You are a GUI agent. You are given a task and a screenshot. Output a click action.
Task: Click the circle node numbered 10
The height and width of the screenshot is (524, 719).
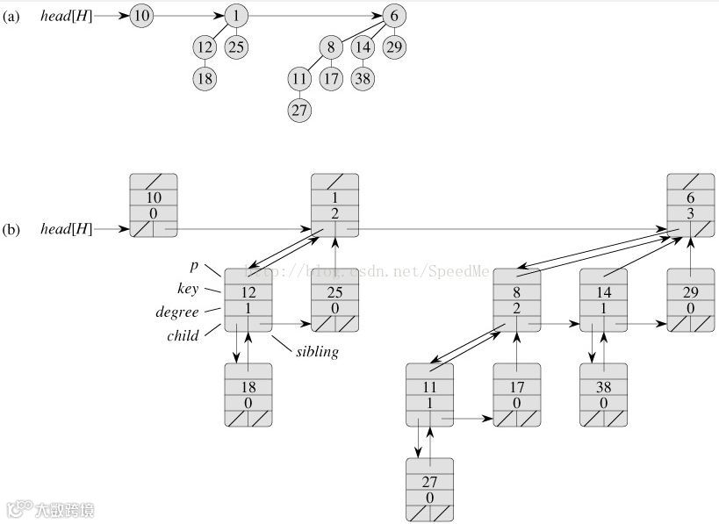pos(141,17)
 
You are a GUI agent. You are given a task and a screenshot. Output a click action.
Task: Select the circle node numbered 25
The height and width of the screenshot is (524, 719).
pos(235,47)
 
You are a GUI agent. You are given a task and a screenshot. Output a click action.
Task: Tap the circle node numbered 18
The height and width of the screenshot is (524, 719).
pos(205,78)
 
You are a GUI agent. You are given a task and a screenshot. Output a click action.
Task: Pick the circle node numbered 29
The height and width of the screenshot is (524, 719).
pos(395,47)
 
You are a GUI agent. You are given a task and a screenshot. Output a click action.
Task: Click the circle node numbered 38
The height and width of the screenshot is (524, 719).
pos(363,78)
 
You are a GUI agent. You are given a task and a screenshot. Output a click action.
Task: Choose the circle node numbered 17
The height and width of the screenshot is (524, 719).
pos(330,78)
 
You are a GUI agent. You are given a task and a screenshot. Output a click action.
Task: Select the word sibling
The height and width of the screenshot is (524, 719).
pos(317,352)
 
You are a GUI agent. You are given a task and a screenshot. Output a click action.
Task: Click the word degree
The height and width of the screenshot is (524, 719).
pos(177,311)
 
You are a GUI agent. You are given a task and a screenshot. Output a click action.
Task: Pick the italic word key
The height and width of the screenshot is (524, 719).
pos(187,288)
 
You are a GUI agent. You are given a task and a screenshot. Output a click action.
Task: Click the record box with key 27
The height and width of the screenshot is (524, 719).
pos(430,489)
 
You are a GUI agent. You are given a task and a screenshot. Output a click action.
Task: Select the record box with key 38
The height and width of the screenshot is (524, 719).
pos(603,394)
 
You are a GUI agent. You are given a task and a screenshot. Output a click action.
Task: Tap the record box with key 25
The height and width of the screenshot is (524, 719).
pos(334,300)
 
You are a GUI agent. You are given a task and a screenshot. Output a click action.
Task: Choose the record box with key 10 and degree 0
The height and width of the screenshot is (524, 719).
pos(154,205)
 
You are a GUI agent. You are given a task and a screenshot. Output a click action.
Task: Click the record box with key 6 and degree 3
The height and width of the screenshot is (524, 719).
pos(690,205)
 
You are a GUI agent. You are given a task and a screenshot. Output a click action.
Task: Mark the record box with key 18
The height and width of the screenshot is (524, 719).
pos(248,394)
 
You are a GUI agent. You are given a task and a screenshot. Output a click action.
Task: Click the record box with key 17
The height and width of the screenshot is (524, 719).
pos(516,394)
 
